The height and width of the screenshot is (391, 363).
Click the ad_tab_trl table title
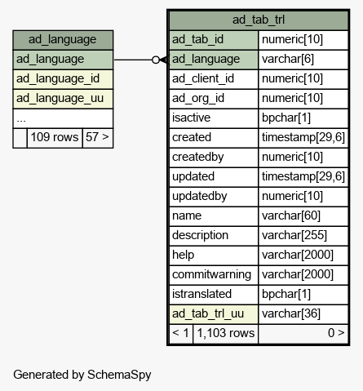point(259,20)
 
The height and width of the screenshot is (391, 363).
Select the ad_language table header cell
point(63,40)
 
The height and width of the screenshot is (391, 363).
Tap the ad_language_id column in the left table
point(63,79)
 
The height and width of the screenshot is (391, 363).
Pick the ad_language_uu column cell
point(63,99)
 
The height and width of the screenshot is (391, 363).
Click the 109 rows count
point(55,137)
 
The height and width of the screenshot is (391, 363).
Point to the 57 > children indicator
point(97,137)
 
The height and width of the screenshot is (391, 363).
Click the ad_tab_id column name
point(197,40)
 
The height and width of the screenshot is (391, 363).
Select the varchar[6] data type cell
point(303,60)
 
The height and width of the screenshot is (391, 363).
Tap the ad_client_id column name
point(203,79)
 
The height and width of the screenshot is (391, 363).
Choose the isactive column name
point(191,118)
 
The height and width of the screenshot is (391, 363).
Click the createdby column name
point(198,158)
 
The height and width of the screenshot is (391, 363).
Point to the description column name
point(200,236)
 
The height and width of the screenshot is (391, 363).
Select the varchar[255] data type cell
point(303,236)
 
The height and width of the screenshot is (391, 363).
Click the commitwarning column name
point(211,275)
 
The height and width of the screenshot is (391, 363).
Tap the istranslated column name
point(201,294)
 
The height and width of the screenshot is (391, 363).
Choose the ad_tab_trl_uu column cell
point(214,314)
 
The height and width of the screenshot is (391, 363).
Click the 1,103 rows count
point(226,333)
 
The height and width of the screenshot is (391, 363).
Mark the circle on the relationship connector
point(156,60)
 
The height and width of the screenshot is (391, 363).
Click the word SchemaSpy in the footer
point(119,375)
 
